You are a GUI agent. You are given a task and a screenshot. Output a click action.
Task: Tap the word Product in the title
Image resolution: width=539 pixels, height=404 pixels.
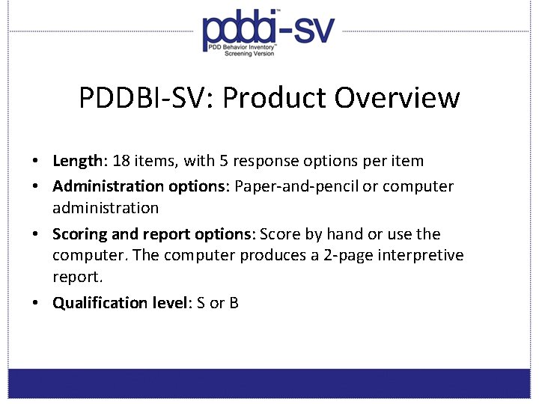pyautogui.click(x=275, y=98)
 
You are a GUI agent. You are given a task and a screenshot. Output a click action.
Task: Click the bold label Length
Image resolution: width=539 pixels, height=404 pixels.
pyautogui.click(x=77, y=161)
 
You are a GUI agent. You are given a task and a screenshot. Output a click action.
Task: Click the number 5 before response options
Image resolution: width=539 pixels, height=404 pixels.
pyautogui.click(x=224, y=161)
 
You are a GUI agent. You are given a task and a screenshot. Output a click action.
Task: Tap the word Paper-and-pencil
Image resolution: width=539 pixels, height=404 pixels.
pyautogui.click(x=296, y=186)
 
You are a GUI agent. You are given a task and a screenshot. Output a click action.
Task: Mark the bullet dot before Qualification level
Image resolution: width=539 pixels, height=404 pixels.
pyautogui.click(x=36, y=303)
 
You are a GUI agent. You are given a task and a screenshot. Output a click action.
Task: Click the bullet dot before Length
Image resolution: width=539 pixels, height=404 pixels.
pyautogui.click(x=36, y=161)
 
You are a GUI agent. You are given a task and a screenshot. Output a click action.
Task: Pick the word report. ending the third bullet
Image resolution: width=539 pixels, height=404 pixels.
pyautogui.click(x=76, y=277)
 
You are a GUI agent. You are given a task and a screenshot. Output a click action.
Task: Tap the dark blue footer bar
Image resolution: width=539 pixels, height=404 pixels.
pyautogui.click(x=269, y=383)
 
